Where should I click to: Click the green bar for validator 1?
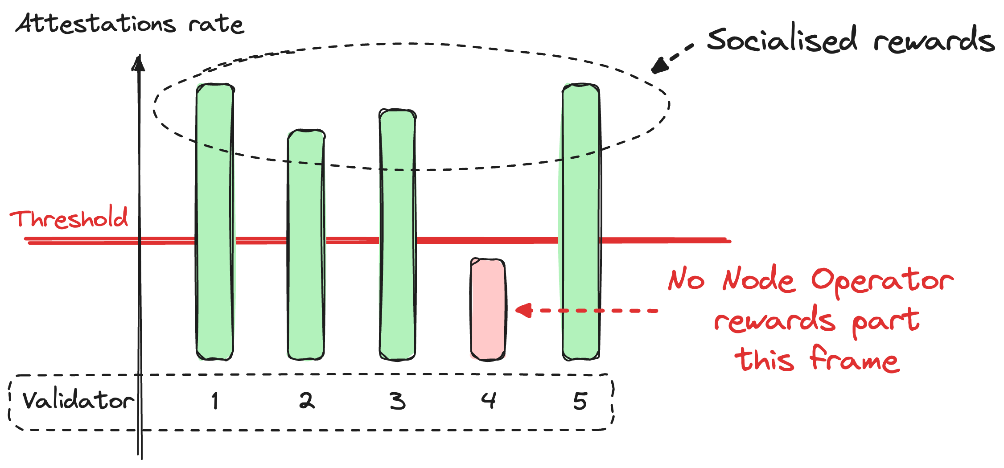(215, 222)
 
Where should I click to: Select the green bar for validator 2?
(306, 245)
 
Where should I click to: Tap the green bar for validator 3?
(397, 234)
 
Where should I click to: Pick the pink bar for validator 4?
(488, 309)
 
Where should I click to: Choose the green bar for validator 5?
(580, 222)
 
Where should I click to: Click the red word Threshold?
(69, 218)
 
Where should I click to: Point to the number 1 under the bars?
(215, 400)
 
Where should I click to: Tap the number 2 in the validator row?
(307, 400)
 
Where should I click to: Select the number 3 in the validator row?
(398, 401)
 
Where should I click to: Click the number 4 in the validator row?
(489, 400)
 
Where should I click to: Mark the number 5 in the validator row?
(580, 401)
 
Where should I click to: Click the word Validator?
(78, 400)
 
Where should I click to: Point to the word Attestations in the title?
(95, 23)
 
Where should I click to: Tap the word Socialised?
(782, 39)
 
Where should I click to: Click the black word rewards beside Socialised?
(934, 40)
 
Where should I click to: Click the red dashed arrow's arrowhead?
(524, 310)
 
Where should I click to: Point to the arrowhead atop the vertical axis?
(139, 63)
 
